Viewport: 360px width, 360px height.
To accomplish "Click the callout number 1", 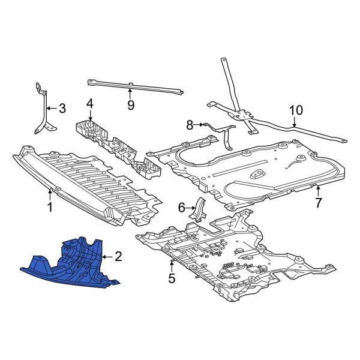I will click(50, 208).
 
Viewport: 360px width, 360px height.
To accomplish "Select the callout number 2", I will click(118, 257).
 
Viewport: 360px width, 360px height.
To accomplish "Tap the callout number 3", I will click(61, 109).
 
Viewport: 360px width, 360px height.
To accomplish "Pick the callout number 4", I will click(89, 104).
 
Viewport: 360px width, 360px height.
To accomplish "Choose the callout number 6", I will click(181, 208).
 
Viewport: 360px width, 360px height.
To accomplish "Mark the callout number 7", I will click(319, 202).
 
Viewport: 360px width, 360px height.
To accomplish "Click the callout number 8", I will click(190, 125).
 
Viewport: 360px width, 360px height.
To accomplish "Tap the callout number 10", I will click(296, 110).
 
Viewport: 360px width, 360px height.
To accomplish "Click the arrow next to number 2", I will click(107, 257).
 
